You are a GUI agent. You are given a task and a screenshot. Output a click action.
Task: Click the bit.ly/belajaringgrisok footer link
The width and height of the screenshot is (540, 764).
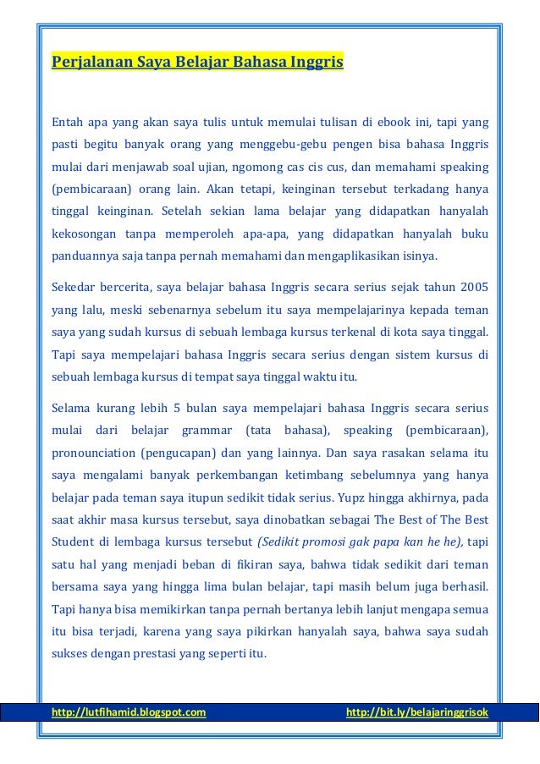[417, 712]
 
